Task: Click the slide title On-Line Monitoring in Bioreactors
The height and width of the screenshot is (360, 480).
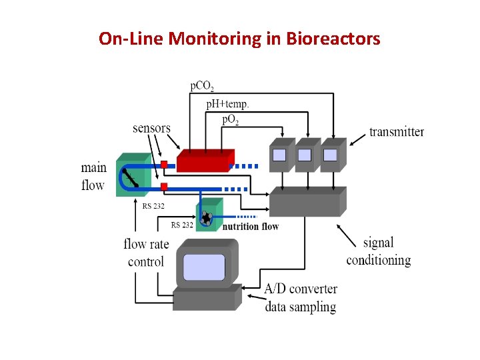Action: [x=239, y=39]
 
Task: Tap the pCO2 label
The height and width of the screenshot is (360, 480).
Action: [x=202, y=86]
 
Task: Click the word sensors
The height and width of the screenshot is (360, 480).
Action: [x=151, y=128]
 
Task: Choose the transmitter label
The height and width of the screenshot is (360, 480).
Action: [x=397, y=131]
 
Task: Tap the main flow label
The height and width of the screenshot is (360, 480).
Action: [x=93, y=176]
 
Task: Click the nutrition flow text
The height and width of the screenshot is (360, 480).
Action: [x=251, y=227]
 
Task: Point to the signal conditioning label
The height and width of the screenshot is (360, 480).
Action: [x=378, y=251]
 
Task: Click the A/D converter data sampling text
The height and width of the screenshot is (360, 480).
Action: [x=301, y=298]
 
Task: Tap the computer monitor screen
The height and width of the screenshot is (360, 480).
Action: [x=204, y=267]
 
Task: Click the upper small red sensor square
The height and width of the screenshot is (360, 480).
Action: [x=163, y=164]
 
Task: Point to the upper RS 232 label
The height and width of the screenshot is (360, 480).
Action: [x=153, y=206]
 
